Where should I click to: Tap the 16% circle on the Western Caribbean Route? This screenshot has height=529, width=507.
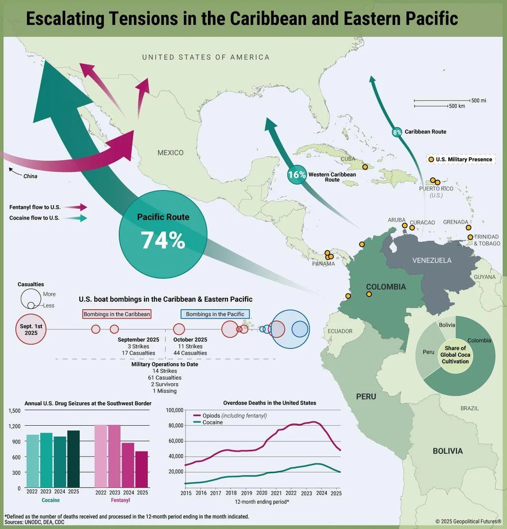[297, 175]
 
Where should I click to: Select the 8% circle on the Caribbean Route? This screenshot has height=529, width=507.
[397, 132]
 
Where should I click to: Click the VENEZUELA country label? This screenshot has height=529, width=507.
[431, 260]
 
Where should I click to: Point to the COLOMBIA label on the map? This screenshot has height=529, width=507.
[386, 287]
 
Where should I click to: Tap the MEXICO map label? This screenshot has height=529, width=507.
[170, 153]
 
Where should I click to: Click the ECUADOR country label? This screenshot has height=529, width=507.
[340, 331]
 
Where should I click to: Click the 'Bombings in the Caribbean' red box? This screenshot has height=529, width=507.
[117, 314]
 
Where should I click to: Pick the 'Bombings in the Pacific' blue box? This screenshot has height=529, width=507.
[215, 314]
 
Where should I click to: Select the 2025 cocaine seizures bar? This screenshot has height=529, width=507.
[74, 458]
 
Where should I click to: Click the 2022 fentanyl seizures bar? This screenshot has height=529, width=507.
[101, 455]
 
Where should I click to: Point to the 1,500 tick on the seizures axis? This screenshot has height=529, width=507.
[15, 411]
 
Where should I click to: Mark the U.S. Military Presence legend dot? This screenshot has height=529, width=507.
[431, 160]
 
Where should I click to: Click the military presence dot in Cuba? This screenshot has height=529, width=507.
[365, 167]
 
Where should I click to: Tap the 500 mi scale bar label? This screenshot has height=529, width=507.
[479, 100]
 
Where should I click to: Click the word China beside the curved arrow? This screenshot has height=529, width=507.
[30, 176]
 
